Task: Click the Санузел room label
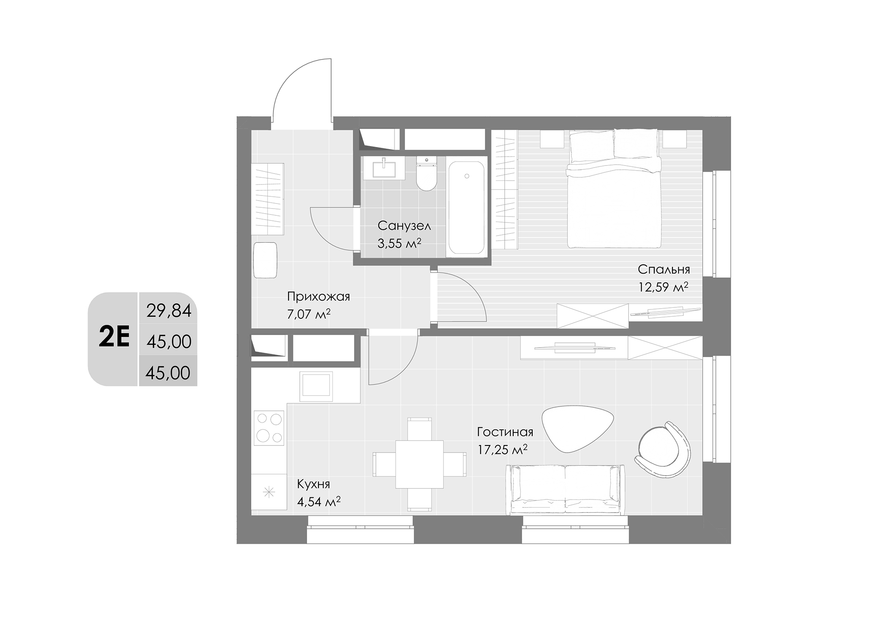tap(404, 226)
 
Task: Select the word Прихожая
tap(318, 296)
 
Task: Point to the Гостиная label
tap(505, 432)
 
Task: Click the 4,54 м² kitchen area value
tap(318, 502)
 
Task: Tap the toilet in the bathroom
tap(426, 174)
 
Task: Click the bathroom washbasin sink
tap(384, 168)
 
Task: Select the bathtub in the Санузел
tap(466, 207)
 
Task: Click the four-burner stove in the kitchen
tap(269, 427)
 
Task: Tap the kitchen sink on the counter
tap(316, 387)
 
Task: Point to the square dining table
tap(419, 464)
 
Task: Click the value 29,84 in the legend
tap(169, 311)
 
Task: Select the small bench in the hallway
tap(265, 260)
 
